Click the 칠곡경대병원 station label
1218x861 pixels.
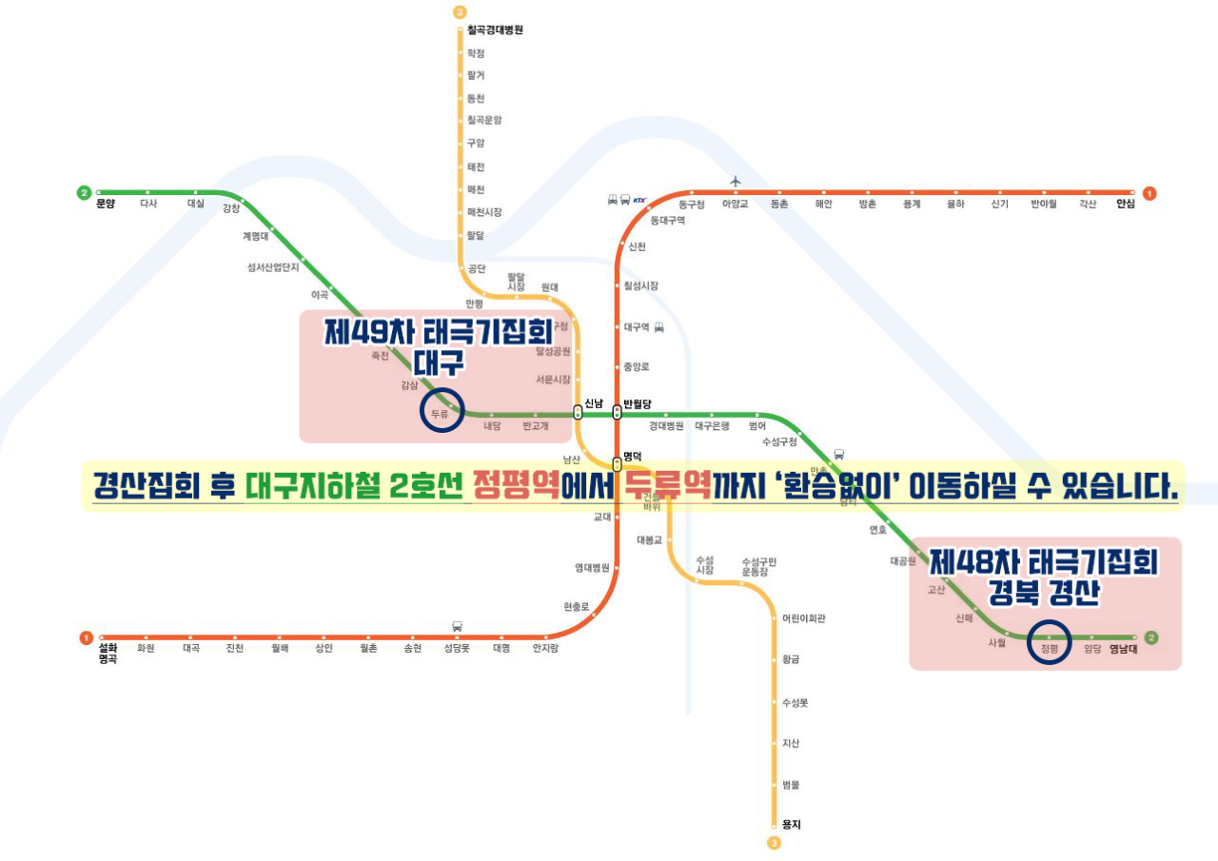point(495,30)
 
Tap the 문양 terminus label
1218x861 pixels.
point(105,204)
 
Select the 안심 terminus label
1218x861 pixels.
point(1126,204)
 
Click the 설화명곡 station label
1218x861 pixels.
point(108,653)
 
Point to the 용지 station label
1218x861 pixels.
point(791,825)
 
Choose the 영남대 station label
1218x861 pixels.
point(1124,649)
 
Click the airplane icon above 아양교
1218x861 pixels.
point(735,181)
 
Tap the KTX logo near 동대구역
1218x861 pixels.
point(638,200)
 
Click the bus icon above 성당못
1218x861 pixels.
point(457,626)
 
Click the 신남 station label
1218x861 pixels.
point(594,403)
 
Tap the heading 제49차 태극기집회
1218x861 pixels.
point(439,332)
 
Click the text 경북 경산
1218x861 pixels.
point(1044,594)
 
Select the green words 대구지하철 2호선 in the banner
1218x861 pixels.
point(353,486)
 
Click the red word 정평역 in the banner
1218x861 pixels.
point(516,486)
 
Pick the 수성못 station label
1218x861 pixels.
point(795,702)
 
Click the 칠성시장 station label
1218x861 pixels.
point(640,285)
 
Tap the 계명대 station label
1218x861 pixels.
point(255,237)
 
